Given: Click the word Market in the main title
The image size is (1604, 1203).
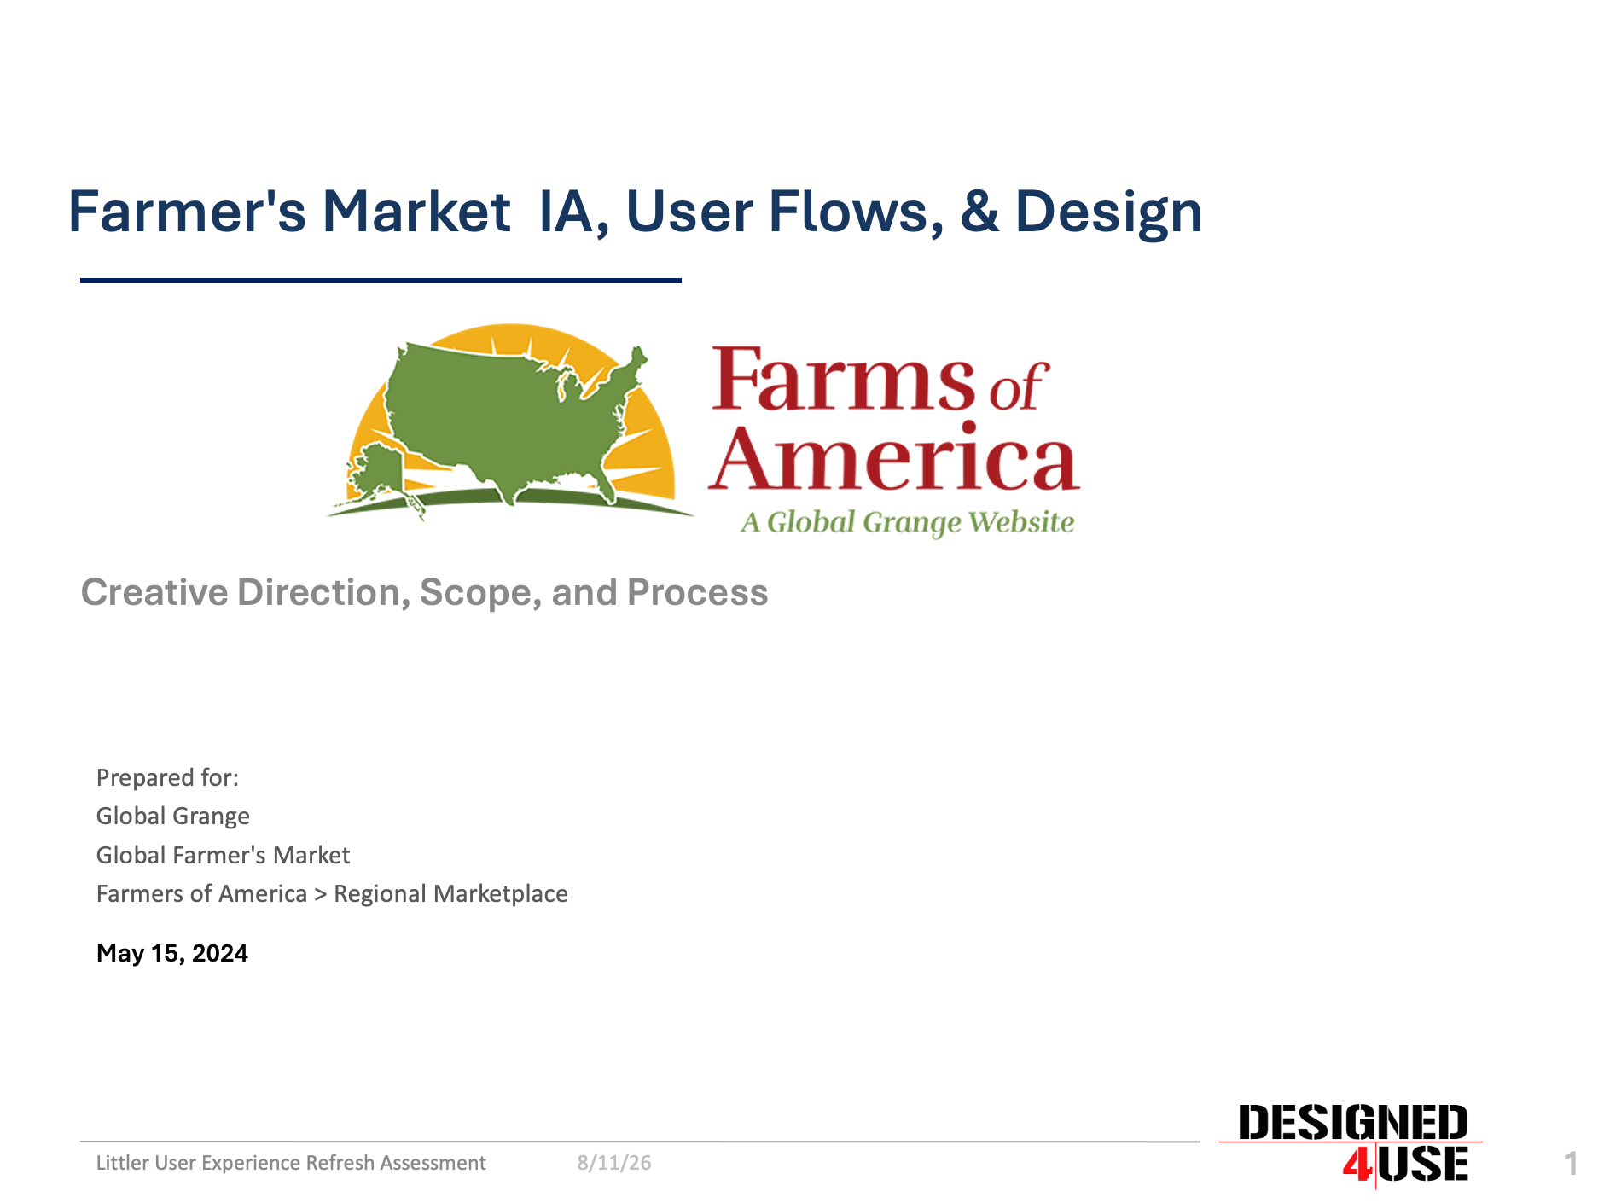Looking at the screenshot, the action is coord(416,212).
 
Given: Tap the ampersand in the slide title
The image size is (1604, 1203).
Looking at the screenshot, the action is coord(979,212).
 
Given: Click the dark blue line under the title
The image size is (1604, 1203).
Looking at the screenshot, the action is coord(381,280).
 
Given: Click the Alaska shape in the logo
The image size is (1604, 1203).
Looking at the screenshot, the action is coord(375,478).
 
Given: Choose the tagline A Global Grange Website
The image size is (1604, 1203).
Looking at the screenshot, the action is coord(907,522).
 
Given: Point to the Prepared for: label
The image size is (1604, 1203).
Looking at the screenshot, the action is coord(167,777).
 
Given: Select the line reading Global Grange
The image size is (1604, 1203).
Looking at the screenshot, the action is coord(173,817).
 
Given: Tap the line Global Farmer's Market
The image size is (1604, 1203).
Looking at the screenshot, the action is coord(223,855).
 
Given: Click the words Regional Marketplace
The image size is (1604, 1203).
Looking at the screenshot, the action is coord(450,893).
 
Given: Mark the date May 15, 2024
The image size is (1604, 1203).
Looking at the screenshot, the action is coord(172,953).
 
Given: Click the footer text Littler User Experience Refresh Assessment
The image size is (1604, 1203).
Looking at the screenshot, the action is coord(291,1163).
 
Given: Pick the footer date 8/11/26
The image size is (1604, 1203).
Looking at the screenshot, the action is coord(614,1163).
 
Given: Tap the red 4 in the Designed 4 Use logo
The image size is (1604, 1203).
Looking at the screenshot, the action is coord(1357,1165).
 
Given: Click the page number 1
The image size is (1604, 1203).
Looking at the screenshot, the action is coord(1571,1164).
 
